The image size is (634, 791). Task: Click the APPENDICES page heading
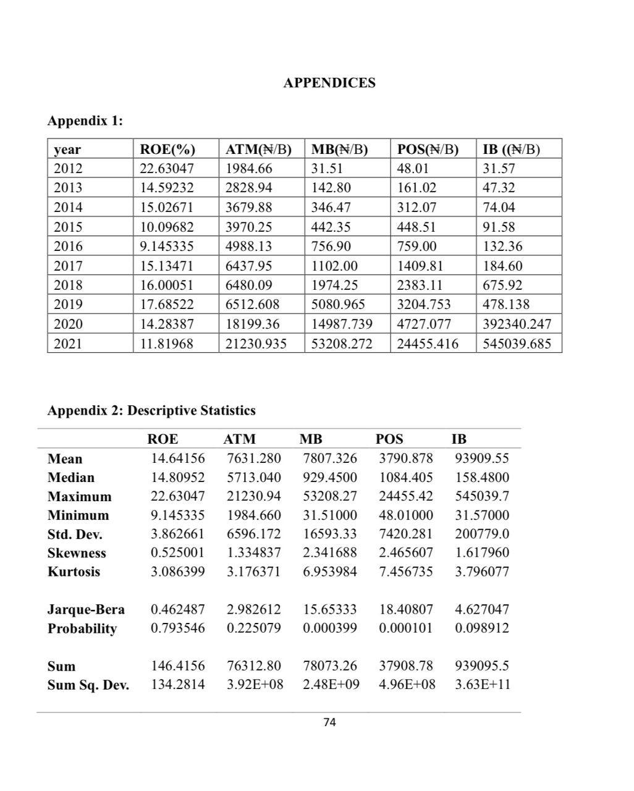point(329,83)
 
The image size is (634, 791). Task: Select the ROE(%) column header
point(167,149)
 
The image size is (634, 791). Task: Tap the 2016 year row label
point(68,246)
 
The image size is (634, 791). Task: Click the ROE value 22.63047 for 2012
point(167,168)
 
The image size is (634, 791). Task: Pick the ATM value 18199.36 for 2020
point(253,324)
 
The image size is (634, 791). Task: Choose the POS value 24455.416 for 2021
point(427,344)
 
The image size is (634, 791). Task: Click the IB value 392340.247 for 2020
point(517,324)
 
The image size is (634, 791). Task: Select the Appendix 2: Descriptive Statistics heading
point(151,410)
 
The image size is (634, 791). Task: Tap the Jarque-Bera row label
point(86,609)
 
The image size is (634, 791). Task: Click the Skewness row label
point(77,553)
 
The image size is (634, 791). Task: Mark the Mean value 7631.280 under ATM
point(254,459)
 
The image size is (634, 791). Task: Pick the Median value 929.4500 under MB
point(330,477)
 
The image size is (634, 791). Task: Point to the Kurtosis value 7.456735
point(406,572)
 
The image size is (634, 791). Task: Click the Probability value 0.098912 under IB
point(482,628)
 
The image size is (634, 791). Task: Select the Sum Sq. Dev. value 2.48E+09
point(331,685)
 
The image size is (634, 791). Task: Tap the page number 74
point(329,722)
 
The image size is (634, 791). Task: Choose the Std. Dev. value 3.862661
point(178,534)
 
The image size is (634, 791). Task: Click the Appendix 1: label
point(85,121)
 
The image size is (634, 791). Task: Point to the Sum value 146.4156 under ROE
point(178,666)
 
